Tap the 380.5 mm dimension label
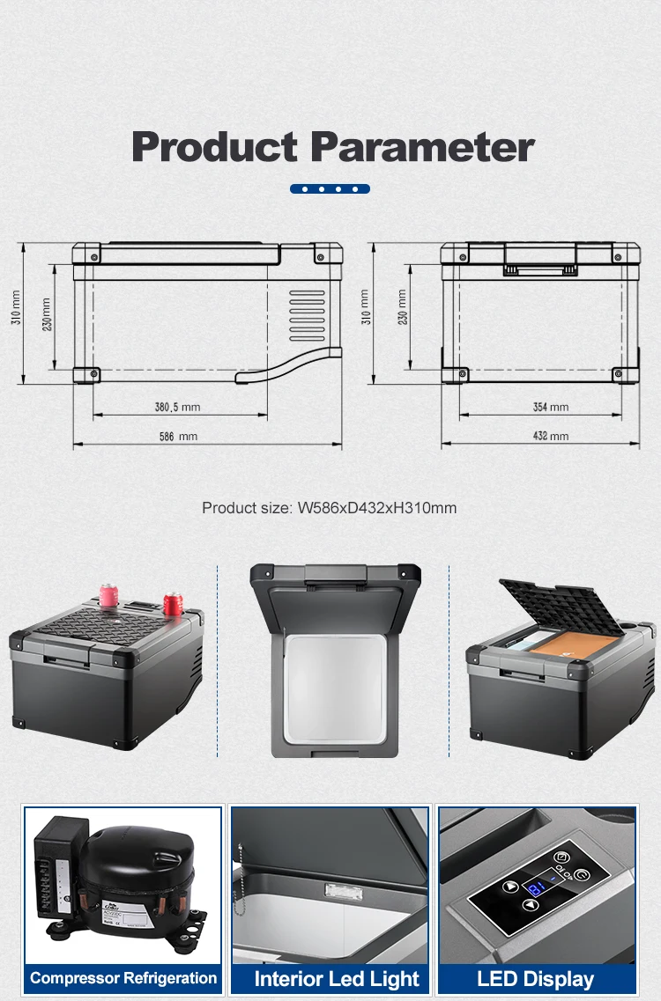tap(177, 407)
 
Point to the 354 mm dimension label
tap(551, 407)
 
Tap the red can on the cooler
tap(171, 605)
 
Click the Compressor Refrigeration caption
tap(123, 978)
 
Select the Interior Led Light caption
tap(337, 979)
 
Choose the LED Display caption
tap(535, 979)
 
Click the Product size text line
tap(329, 508)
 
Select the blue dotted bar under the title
tap(330, 188)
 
